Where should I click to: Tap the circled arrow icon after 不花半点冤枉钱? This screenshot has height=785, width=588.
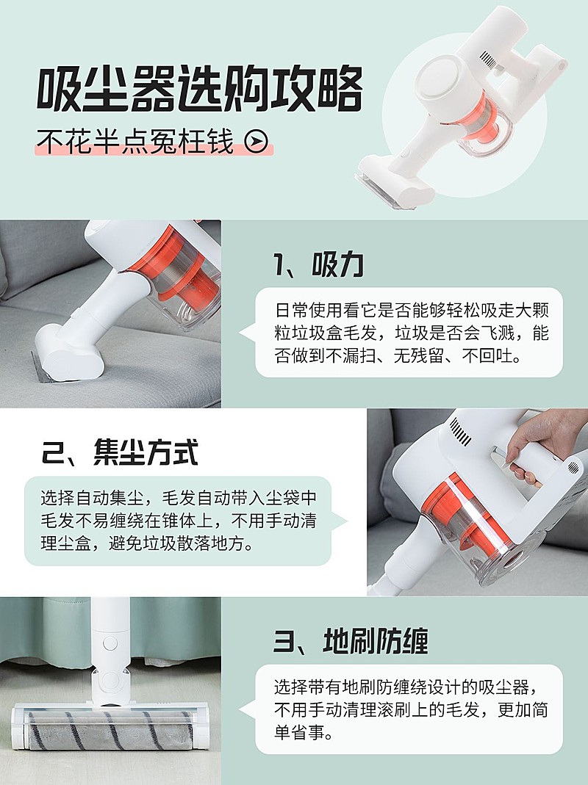[255, 142]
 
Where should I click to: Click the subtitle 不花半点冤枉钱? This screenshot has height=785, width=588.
[136, 142]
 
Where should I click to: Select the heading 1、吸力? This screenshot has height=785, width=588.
[318, 266]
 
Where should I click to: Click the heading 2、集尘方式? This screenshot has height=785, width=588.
[119, 452]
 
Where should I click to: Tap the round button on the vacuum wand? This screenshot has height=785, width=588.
[110, 643]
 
